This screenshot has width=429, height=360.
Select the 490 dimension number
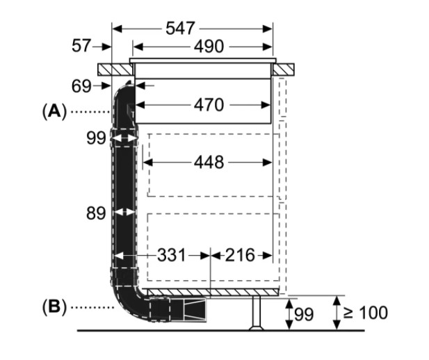(x=209, y=47)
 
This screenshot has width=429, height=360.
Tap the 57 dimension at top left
(x=82, y=47)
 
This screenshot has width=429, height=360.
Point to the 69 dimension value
(x=81, y=87)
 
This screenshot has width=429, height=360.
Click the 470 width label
(x=209, y=106)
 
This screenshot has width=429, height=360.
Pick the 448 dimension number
(x=209, y=163)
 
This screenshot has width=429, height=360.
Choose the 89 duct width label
(x=96, y=213)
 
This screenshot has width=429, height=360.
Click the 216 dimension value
(x=238, y=255)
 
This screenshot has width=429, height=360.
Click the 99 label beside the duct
(x=96, y=138)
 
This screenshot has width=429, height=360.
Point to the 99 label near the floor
(x=303, y=315)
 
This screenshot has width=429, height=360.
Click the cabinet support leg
(x=256, y=312)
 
